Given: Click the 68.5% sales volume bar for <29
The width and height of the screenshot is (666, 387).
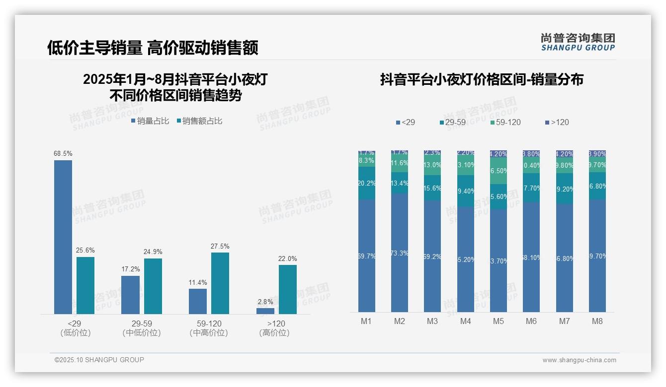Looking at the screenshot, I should point(63,237).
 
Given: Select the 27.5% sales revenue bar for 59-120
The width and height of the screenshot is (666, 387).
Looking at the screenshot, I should point(220,283).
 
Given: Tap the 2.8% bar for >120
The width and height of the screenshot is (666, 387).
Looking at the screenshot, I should point(265,311).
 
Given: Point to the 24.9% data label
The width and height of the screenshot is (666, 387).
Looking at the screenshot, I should point(153,252).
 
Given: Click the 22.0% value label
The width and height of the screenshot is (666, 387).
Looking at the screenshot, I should point(288,258).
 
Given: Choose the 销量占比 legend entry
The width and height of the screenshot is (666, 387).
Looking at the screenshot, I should point(150,121).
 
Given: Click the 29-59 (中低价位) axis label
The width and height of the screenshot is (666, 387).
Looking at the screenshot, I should point(142,328).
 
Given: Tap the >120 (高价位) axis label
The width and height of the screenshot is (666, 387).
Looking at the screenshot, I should point(274,328).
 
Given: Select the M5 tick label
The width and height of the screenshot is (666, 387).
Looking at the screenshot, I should point(499,321).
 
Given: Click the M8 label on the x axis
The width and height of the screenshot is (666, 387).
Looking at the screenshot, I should point(597,321).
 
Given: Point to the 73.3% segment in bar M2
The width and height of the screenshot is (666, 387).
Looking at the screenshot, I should point(400,253).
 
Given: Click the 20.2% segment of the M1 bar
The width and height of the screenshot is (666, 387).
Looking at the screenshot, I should point(367,183).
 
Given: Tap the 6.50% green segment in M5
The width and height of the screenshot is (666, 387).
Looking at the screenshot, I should point(499,171).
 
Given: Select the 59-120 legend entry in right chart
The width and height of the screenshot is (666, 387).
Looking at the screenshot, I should point(505,122).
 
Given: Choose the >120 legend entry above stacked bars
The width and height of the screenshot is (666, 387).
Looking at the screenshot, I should point(557,122).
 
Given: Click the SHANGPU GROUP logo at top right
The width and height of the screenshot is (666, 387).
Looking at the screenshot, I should point(578,42).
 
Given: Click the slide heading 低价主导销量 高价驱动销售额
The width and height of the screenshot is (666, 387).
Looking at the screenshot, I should point(153,48).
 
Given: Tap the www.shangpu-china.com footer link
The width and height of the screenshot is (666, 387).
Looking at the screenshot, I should point(579,360).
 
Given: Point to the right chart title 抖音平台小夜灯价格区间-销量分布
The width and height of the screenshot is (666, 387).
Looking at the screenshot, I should point(482,80).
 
